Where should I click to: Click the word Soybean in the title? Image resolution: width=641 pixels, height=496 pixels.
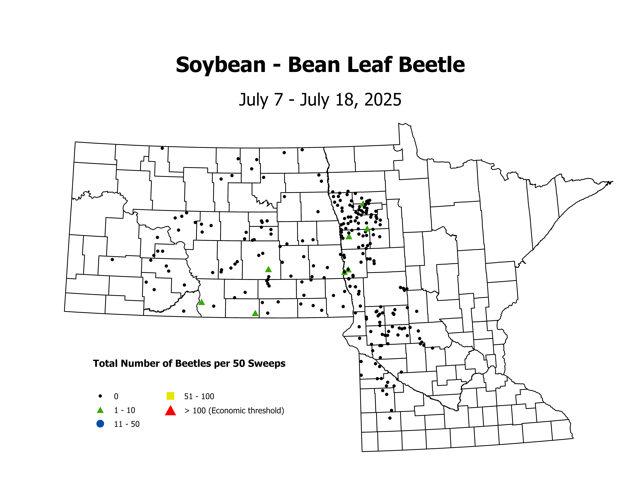(x=221, y=65)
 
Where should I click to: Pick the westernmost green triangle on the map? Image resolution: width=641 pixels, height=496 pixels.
(x=201, y=302)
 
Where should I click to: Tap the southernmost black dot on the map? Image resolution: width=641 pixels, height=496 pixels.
(x=390, y=418)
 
